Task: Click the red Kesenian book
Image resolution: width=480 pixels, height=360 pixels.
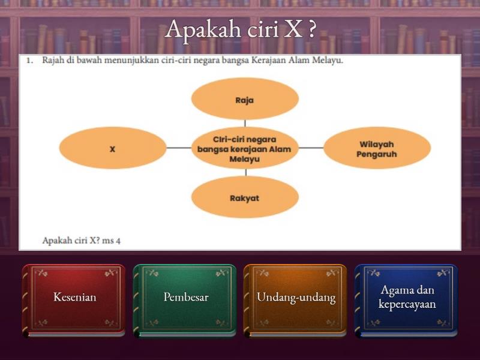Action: [74, 301]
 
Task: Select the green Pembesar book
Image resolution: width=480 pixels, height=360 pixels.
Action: [185, 301]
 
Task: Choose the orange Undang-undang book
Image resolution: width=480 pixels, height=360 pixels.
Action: [295, 301]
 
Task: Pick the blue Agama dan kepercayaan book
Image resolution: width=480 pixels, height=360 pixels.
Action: [406, 301]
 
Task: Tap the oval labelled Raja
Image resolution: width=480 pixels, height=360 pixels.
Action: [245, 98]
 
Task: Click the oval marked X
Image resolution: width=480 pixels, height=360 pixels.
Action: [113, 148]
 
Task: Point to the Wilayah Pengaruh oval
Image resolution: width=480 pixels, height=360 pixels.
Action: [377, 148]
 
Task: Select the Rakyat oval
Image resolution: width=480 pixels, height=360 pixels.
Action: [245, 197]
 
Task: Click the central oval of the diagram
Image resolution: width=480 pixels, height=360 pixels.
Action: [245, 148]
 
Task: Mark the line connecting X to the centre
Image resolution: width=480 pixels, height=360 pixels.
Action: [179, 148]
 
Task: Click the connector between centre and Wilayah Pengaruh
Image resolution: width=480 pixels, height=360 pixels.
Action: [311, 148]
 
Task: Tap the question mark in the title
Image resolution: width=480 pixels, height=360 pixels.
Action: [312, 29]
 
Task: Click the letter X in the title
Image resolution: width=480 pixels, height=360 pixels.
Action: [292, 30]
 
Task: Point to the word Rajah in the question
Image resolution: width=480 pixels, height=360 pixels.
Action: [53, 61]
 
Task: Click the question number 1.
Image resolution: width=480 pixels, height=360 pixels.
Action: [29, 61]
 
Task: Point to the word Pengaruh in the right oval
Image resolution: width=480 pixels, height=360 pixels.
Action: [377, 154]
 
